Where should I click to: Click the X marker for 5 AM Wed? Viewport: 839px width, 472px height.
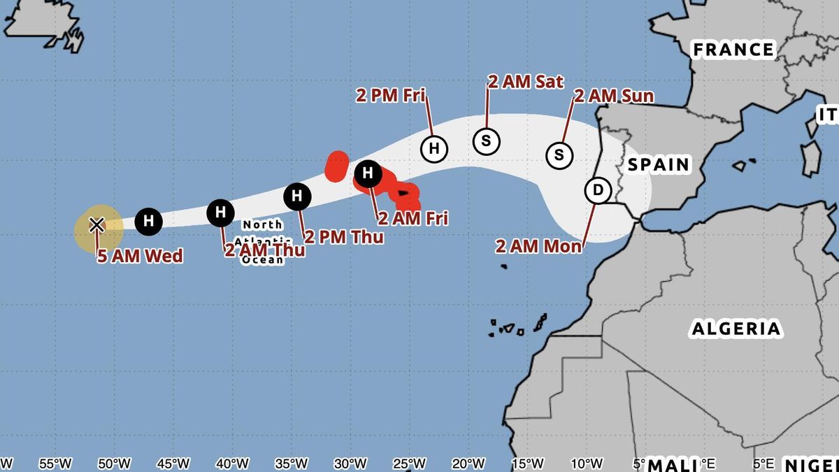click(x=96, y=224)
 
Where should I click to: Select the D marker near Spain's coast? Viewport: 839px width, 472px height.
click(x=597, y=190)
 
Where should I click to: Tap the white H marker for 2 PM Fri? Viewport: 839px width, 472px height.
click(x=433, y=148)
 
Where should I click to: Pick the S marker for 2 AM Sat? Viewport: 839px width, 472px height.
click(x=487, y=141)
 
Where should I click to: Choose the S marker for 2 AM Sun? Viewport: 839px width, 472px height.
click(x=559, y=155)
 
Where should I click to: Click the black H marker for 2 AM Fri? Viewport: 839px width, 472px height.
click(x=368, y=173)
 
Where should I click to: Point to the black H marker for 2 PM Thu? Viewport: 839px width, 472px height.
click(x=297, y=196)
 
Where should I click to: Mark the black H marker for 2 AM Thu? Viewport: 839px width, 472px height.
click(x=221, y=211)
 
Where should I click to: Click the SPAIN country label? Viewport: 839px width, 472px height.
click(x=658, y=165)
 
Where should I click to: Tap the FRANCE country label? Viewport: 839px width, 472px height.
click(x=733, y=50)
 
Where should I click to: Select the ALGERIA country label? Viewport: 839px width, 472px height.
click(x=736, y=329)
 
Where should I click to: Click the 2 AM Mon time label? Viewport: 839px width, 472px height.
click(x=538, y=246)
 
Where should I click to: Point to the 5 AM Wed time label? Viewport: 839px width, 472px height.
click(x=140, y=256)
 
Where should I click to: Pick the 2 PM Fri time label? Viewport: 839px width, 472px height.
click(x=391, y=95)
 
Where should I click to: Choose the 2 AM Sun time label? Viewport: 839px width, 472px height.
click(x=614, y=96)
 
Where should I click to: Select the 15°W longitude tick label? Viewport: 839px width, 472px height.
click(x=527, y=463)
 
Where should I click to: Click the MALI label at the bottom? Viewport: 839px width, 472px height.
click(x=672, y=464)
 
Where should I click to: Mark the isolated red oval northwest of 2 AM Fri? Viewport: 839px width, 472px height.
click(x=337, y=166)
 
